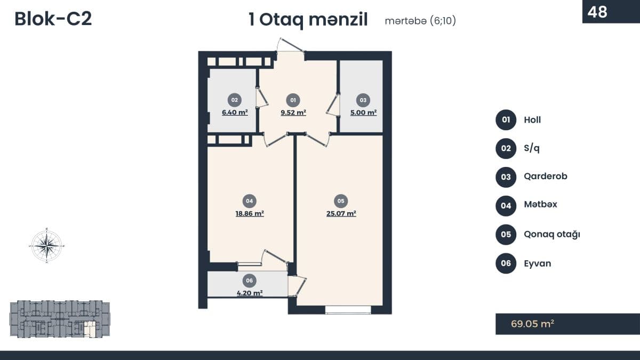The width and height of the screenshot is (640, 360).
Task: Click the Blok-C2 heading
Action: click(53, 19)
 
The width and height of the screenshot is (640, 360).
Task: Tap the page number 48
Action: click(597, 12)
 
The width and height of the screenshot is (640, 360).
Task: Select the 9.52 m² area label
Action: click(293, 113)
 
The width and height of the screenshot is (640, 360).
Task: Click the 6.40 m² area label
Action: click(235, 113)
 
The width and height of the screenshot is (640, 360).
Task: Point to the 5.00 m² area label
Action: click(363, 113)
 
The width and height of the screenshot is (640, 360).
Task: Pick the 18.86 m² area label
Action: click(250, 214)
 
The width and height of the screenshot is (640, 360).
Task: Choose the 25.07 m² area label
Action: click(341, 214)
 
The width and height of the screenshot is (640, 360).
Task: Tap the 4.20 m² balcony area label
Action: click(250, 293)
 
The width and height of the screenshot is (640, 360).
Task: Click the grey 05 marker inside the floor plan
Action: click(341, 201)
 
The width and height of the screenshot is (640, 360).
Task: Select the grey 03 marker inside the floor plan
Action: click(363, 100)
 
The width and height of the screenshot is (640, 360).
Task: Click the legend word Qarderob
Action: click(546, 177)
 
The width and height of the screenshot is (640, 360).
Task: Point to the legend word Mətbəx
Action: click(541, 204)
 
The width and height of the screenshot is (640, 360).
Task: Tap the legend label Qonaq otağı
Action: click(552, 234)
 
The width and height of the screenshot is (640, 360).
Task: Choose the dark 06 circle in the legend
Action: click(506, 263)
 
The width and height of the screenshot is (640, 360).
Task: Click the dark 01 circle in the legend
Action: click(506, 119)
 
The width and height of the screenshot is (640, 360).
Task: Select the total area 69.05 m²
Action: click(533, 324)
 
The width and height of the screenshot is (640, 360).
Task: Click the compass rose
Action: click(47, 245)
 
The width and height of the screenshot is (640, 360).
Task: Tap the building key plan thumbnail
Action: click(60, 318)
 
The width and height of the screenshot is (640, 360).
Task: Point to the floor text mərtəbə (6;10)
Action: click(420, 21)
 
